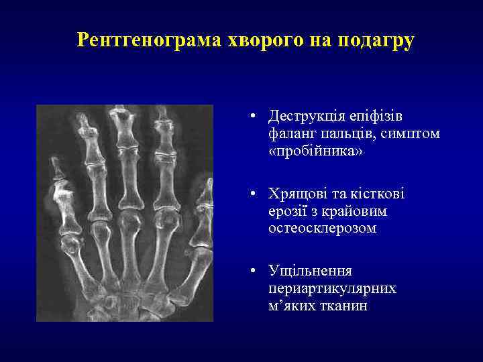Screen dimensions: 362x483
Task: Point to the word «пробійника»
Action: tap(315, 152)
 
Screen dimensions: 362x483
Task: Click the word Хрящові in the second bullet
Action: tap(294, 194)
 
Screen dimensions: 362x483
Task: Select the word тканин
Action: tap(345, 306)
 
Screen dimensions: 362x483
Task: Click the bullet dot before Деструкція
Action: tap(249, 117)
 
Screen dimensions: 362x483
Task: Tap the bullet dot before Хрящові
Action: tap(249, 194)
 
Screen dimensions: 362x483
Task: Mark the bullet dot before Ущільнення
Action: tap(249, 271)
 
